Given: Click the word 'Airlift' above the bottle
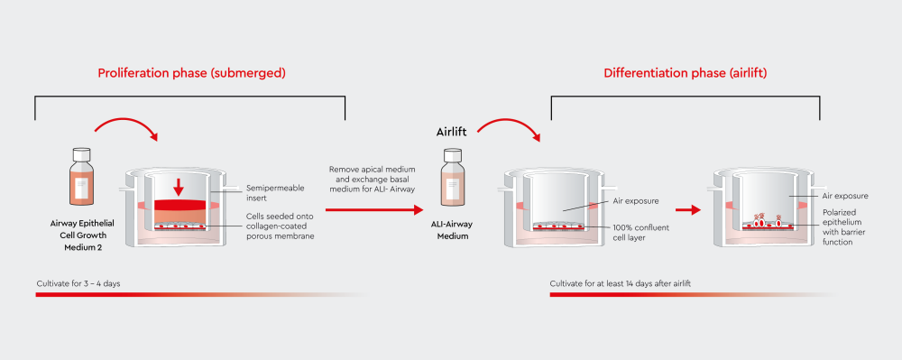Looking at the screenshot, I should point(453,133).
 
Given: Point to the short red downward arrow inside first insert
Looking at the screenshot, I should point(179,187).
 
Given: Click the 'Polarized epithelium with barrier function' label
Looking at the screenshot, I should point(844,228).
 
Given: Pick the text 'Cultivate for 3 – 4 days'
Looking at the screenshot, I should point(78,283).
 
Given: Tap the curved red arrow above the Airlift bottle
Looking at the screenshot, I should point(508,129).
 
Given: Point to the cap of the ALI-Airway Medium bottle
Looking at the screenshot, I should point(453,155).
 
